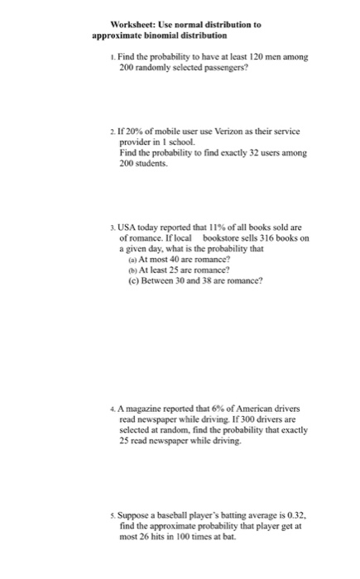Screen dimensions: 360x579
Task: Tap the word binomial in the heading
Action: click(x=170, y=37)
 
